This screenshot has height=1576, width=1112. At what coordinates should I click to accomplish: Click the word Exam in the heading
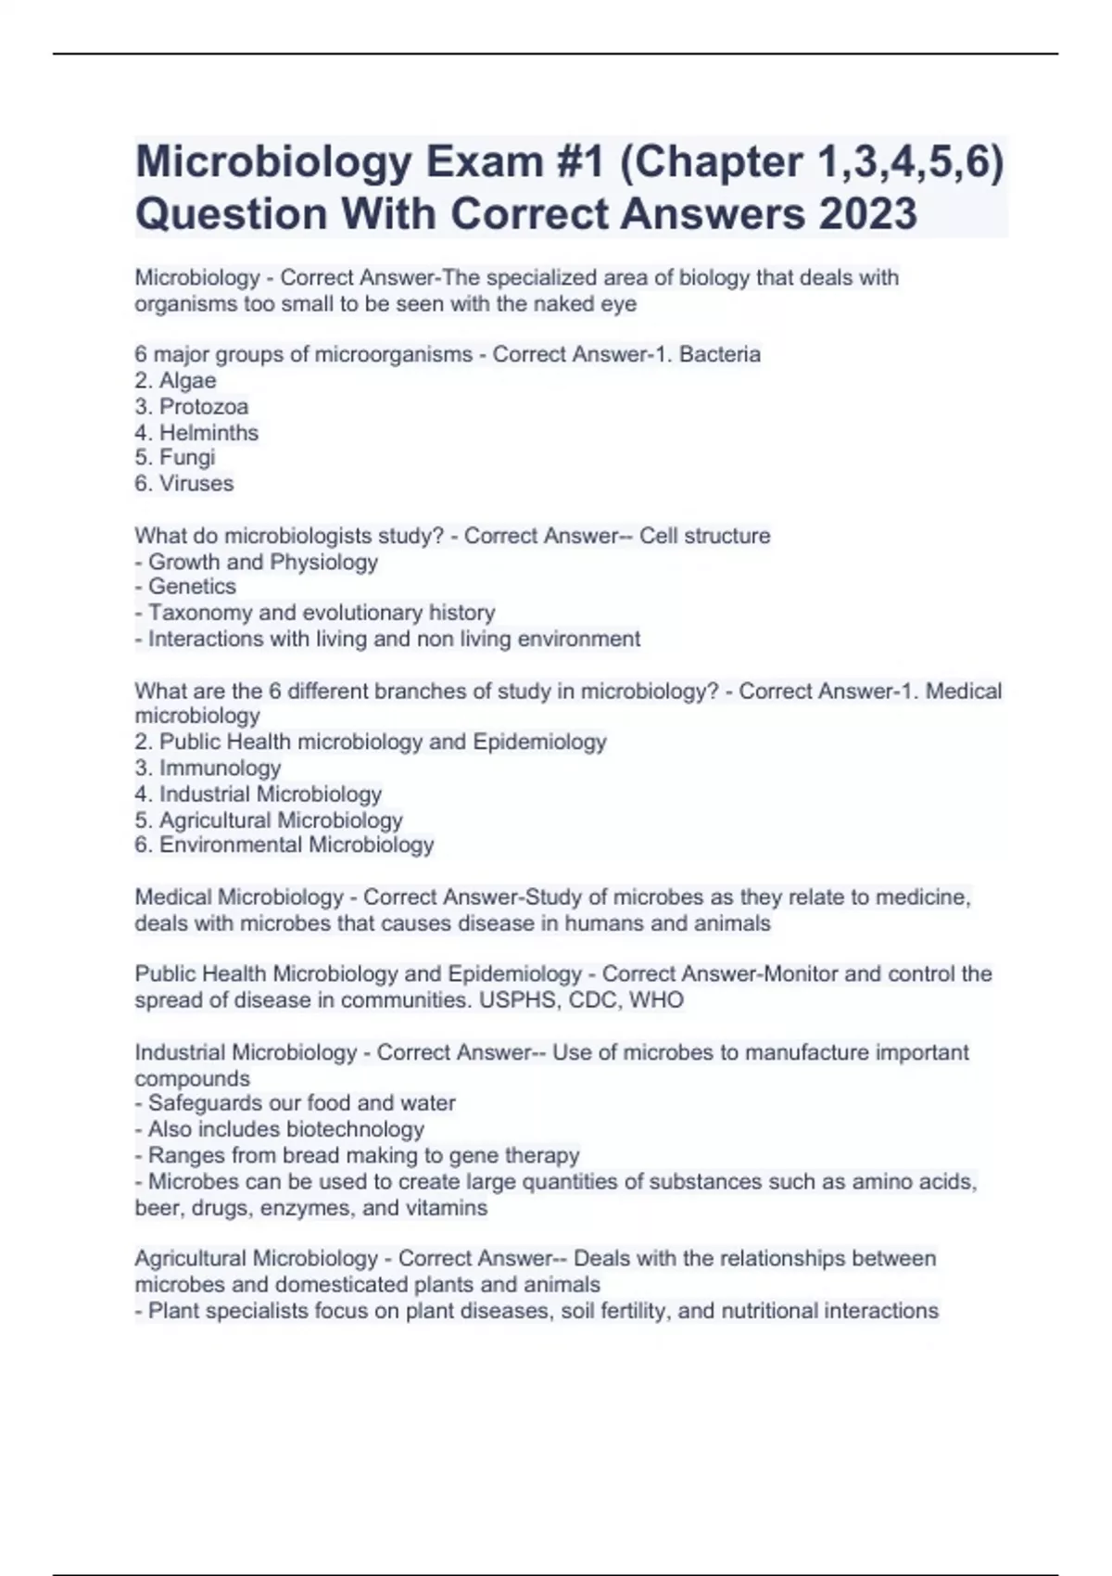click(485, 162)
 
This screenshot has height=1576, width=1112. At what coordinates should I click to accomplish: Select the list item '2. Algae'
click(175, 381)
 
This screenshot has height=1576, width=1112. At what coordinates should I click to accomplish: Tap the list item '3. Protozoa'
click(191, 407)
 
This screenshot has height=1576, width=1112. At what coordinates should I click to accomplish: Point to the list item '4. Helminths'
click(196, 433)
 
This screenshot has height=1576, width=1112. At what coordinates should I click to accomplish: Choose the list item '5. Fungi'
click(175, 458)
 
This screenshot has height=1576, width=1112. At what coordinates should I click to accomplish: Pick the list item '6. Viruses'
click(183, 484)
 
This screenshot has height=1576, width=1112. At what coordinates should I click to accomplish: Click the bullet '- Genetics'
click(185, 587)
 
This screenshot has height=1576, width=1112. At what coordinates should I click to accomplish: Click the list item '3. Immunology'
click(208, 769)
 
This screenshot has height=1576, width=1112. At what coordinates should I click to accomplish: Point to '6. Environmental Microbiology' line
click(284, 845)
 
